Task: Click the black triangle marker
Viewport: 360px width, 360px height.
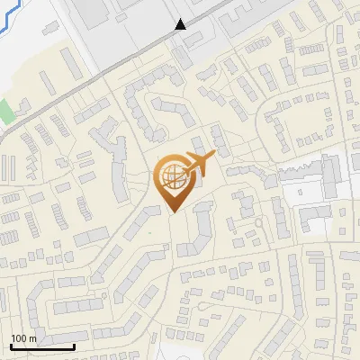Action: (x=181, y=24)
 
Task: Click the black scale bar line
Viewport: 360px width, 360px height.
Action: (x=42, y=346)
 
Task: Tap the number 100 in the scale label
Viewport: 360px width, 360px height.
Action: (x=19, y=338)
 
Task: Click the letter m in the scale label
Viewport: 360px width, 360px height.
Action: (x=32, y=338)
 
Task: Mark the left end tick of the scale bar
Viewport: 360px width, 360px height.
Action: (x=11, y=345)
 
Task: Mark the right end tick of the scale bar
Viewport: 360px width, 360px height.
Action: (x=74, y=345)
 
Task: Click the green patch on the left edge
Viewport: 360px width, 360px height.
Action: (x=6, y=112)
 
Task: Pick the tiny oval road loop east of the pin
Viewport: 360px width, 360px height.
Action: (x=258, y=221)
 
